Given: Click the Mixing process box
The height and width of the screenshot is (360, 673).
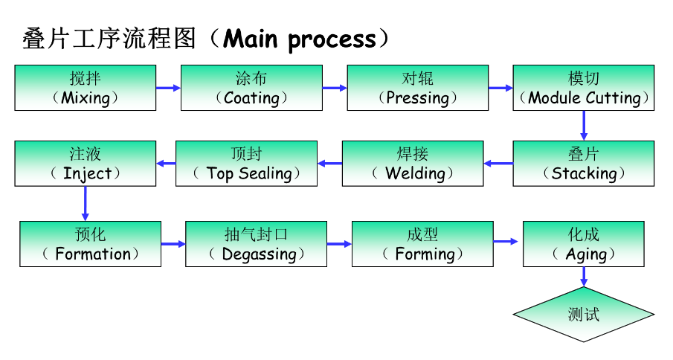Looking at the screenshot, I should click(x=86, y=88).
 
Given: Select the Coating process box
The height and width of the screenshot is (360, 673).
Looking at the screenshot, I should click(x=251, y=88).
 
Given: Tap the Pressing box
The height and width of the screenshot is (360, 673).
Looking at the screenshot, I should click(x=418, y=88).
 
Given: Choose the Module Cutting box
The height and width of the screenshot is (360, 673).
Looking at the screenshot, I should click(x=584, y=88).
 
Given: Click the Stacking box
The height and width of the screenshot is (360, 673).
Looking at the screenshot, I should click(x=584, y=164).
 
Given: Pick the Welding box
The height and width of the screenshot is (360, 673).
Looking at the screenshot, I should click(x=413, y=164).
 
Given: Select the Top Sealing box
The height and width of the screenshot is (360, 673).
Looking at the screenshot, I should click(x=246, y=164).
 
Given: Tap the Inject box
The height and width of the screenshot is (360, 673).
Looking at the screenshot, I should click(x=86, y=164).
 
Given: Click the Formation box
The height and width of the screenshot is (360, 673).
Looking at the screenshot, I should click(x=90, y=243).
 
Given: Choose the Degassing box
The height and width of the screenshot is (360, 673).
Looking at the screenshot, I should click(x=256, y=243).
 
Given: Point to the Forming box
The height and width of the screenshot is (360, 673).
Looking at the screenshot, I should click(x=422, y=243).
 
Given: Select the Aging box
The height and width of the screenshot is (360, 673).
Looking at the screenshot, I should click(x=584, y=243).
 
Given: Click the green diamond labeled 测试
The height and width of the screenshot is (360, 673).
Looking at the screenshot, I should click(x=584, y=314).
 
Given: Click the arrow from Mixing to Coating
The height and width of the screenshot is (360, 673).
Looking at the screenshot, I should click(x=168, y=88).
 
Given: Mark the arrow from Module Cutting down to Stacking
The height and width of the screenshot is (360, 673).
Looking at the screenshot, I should click(x=584, y=126).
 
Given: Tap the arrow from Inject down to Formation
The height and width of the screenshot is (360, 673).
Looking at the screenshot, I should click(x=86, y=203).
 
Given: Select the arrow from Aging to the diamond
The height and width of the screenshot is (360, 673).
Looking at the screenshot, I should click(x=584, y=276).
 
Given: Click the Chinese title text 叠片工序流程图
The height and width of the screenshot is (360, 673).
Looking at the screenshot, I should click(x=109, y=39).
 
